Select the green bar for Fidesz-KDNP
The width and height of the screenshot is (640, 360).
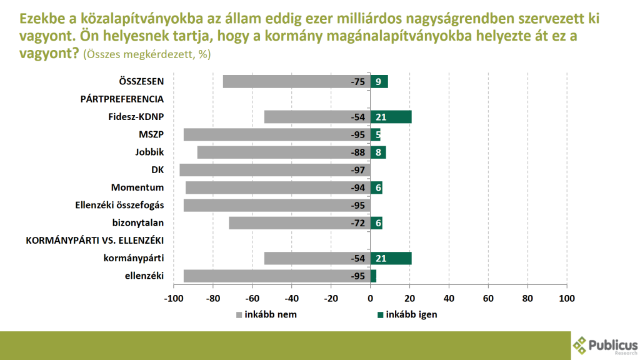coord(391,117)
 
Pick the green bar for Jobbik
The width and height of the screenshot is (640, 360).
coord(378,152)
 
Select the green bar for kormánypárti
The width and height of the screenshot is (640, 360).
coord(391,258)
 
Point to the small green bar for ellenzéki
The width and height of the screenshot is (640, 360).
coord(373,276)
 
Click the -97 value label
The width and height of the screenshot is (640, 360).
coord(358,170)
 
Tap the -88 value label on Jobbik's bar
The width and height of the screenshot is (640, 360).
coord(358,152)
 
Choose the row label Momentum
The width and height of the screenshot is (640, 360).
coord(137,187)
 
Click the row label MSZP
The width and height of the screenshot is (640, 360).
coord(151,134)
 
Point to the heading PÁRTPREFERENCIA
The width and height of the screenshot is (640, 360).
coord(122,99)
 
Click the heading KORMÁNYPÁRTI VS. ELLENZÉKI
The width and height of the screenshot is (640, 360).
coord(94,241)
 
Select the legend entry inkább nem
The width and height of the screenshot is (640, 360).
coord(266,314)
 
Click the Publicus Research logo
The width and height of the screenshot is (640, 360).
coord(605,344)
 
